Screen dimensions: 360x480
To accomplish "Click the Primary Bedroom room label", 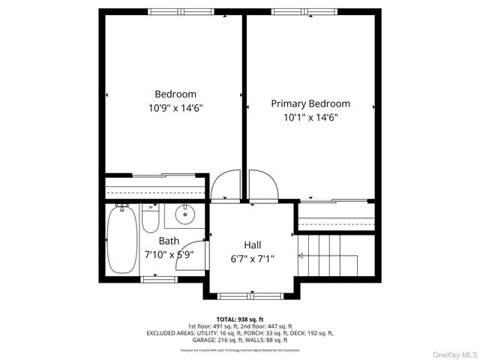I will click(x=310, y=103).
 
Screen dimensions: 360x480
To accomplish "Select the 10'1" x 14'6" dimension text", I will click(x=310, y=117).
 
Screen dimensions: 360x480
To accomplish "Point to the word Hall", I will click(x=253, y=244).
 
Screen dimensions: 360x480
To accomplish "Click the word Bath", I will click(x=169, y=241).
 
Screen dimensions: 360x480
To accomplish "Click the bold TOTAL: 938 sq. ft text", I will click(x=239, y=319).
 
